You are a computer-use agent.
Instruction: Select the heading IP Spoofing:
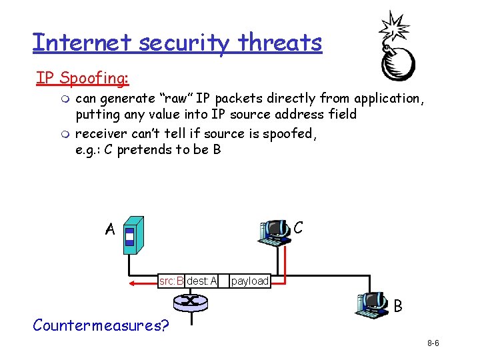click(x=82, y=78)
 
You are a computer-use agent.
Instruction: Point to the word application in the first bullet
click(x=387, y=99)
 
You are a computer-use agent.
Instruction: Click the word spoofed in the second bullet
click(x=288, y=133)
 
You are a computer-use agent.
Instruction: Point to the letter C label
click(x=298, y=227)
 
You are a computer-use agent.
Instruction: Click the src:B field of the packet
click(x=171, y=281)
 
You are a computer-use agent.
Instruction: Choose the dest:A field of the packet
click(x=202, y=281)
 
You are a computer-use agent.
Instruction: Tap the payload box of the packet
click(x=249, y=281)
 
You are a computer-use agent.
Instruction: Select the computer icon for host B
click(x=371, y=306)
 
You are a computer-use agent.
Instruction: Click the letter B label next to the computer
click(x=397, y=307)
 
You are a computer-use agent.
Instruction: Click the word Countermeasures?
click(x=101, y=325)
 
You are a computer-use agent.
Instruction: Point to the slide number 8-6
click(x=433, y=343)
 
